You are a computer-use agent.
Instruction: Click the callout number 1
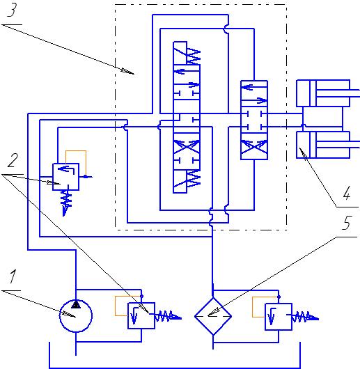(13, 276)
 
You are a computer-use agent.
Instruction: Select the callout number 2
(13, 161)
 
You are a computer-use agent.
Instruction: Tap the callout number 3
(12, 10)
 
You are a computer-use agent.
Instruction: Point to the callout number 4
(347, 193)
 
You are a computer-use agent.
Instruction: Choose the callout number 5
(347, 223)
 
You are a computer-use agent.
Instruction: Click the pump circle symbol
(76, 316)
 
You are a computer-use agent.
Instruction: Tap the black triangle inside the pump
(76, 304)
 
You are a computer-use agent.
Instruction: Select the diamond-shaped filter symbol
(213, 316)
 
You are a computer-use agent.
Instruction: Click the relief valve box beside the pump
(141, 315)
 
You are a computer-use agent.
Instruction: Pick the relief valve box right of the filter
(279, 317)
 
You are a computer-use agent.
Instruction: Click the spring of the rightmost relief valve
(305, 317)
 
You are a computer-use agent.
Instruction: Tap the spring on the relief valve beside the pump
(168, 316)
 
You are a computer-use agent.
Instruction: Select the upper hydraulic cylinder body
(323, 93)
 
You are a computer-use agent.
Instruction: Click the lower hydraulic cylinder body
(323, 145)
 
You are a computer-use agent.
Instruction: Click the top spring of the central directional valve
(193, 56)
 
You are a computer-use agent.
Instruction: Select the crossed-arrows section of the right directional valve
(254, 146)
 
